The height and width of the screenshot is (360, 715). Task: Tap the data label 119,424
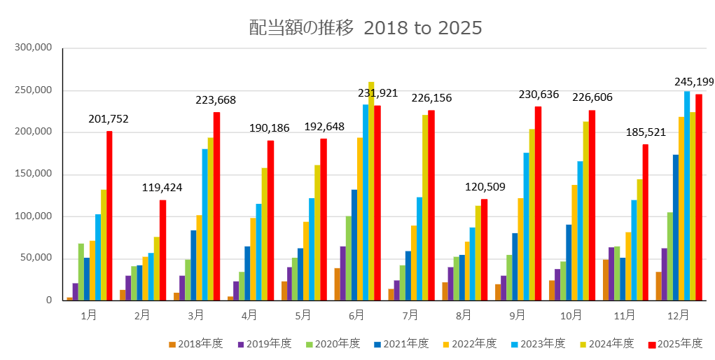tap(162, 188)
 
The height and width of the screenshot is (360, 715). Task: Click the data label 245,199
tap(693, 82)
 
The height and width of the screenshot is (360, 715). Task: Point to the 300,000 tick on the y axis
tap(34, 48)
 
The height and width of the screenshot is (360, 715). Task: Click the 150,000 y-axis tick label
tap(34, 174)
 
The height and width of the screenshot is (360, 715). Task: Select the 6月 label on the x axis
tap(357, 316)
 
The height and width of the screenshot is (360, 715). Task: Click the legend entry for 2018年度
tap(195, 344)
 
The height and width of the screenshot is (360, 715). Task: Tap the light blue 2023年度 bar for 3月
tap(205, 225)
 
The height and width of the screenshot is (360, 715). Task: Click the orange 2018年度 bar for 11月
tap(606, 280)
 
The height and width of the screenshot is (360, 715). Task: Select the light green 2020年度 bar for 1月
tap(81, 272)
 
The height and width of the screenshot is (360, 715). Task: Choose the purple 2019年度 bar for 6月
tap(343, 273)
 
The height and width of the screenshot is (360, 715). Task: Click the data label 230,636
tap(539, 93)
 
